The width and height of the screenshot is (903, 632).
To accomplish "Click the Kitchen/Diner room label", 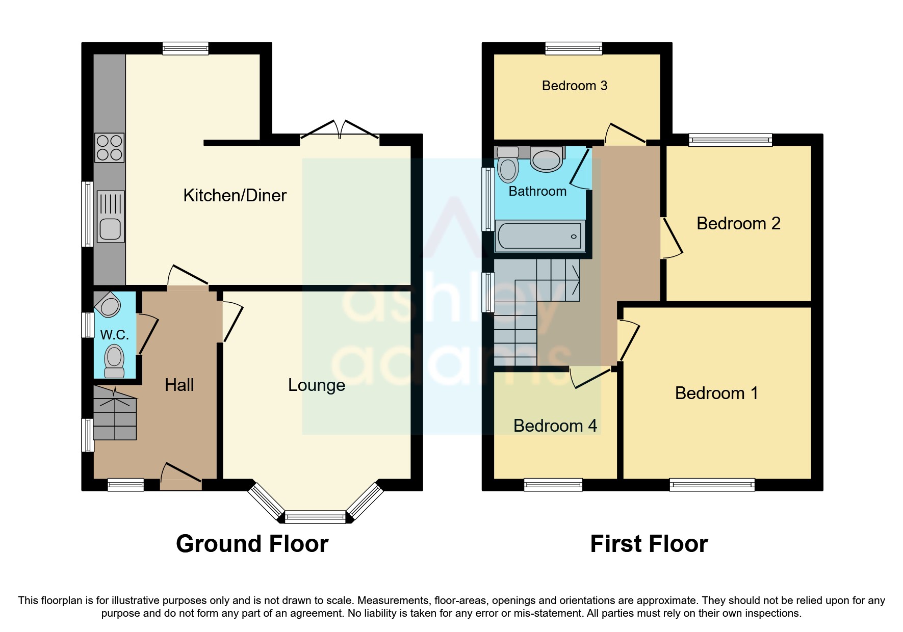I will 235,195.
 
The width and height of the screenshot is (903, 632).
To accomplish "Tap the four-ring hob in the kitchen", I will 109,148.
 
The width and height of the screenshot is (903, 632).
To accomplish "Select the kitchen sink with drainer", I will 110,217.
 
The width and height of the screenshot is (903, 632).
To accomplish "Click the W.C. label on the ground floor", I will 114,335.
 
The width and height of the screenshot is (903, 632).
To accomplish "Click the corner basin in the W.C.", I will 108,306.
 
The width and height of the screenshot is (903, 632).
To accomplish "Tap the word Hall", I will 179,385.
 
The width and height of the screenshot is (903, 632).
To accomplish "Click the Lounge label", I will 316,385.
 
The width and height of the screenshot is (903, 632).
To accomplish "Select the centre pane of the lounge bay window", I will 315,517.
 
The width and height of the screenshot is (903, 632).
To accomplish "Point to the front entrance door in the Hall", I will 181,474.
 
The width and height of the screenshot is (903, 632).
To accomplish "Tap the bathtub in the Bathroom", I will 540,236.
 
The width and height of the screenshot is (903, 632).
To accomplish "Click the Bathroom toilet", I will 508,168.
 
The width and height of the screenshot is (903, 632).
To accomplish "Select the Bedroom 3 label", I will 574,86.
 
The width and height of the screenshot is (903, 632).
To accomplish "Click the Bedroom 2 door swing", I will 672,238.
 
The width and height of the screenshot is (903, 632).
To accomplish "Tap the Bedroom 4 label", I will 555,426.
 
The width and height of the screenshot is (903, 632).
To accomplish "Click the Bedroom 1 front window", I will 712,484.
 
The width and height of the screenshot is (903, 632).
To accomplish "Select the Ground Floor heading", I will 252,544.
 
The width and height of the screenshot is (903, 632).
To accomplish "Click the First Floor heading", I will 649,544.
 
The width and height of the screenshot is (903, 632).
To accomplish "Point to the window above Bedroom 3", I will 574,48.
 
